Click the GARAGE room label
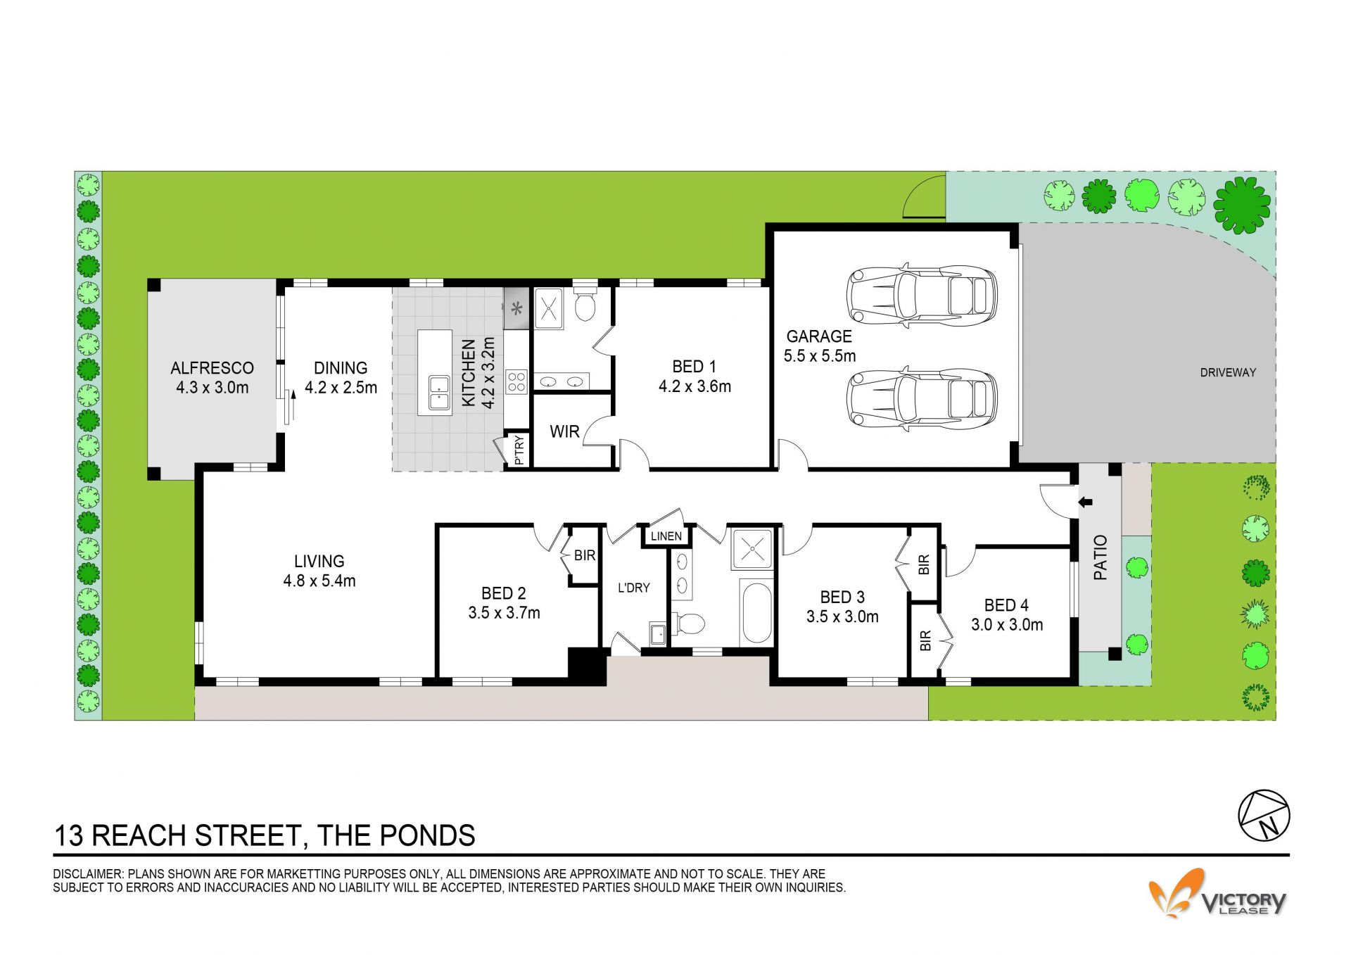819,336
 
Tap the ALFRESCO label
212,368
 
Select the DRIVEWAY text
1228,373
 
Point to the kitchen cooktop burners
516,381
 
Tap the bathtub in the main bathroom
756,612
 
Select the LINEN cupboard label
666,536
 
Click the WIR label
564,432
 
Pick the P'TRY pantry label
519,451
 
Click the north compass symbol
1264,815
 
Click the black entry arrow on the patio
1085,502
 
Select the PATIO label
1101,557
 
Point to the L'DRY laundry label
633,588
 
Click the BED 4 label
1006,605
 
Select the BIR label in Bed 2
585,556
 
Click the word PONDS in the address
427,836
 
